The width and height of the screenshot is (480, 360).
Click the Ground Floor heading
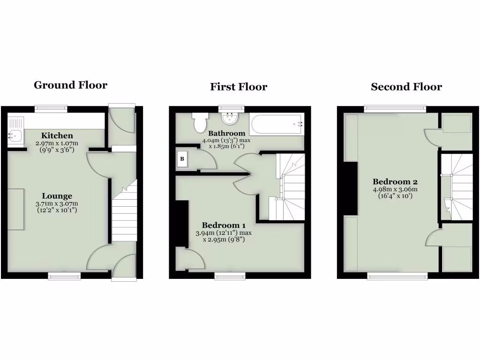pos(70,85)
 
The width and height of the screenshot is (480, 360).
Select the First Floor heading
pos(239,87)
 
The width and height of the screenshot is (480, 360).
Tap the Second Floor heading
pos(406,87)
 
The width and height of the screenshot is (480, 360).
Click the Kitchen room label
pos(57,136)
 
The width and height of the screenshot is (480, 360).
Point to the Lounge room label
pos(57,196)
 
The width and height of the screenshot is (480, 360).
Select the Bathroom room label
pos(227,134)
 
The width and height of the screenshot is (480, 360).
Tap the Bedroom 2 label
pos(395,182)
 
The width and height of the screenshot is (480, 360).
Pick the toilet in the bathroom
pos(200,123)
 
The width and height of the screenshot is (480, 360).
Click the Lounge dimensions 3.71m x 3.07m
pos(57,207)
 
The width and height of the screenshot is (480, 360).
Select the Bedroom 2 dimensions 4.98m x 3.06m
pos(395,193)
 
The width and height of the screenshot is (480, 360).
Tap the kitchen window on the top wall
pos(51,109)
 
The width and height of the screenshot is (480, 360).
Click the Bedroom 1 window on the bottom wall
pos(230,276)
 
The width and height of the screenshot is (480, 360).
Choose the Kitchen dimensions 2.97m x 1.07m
pos(57,146)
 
